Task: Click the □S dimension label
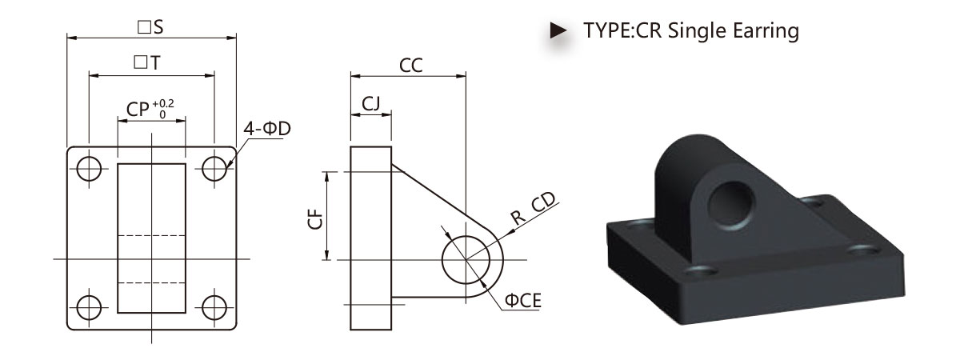coord(150,27)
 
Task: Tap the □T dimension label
coord(147,62)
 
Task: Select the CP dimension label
coord(138,110)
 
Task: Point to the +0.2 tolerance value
coord(163,103)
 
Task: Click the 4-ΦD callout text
coord(267,129)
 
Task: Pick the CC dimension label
coord(411,66)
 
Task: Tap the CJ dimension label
coord(371,103)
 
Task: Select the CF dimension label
coord(315,219)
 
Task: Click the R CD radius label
coord(533,208)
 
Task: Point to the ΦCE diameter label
coord(523,301)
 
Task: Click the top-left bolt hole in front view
coord(89,169)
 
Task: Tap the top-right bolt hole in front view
coord(214,169)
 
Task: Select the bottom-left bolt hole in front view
coord(89,307)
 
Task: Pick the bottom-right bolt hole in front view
coord(214,307)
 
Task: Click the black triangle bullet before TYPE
coord(558,30)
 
